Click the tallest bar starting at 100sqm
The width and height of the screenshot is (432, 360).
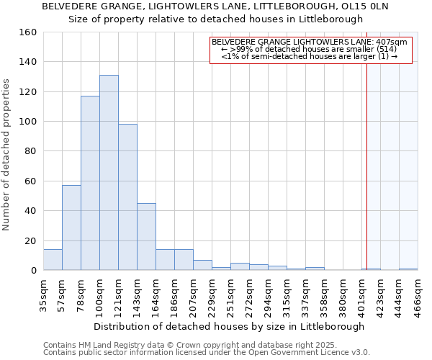tap(109, 173)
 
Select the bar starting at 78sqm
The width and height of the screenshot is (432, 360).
tap(90, 183)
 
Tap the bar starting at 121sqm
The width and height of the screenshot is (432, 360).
tap(127, 197)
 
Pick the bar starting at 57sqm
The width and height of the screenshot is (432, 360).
tap(71, 228)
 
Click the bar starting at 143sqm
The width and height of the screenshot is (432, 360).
tap(146, 237)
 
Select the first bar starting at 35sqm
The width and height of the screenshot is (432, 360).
tap(53, 260)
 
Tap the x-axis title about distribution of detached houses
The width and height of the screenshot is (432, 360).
tap(229, 326)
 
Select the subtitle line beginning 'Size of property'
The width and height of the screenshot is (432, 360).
tap(215, 19)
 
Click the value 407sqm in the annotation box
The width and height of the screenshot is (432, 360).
tap(393, 42)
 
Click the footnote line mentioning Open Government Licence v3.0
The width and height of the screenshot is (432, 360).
tap(207, 353)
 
